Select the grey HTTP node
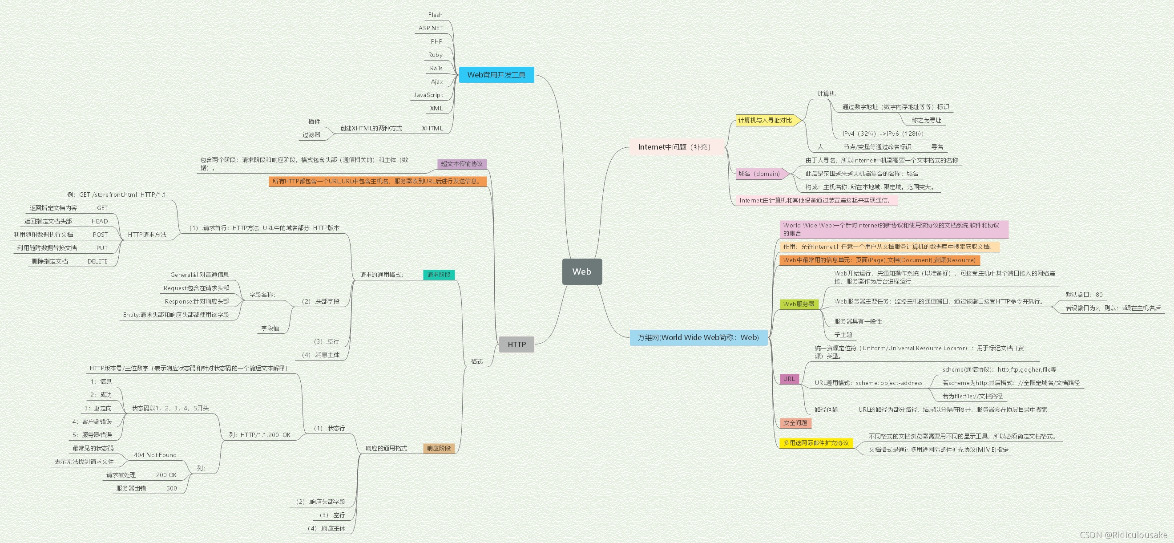516,344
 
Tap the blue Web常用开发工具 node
496,75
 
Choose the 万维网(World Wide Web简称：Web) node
698,337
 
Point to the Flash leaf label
435,15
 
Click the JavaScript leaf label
428,95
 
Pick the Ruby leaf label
435,55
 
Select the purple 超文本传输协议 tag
462,164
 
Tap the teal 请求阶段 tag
439,275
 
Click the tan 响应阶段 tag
439,448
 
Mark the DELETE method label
97,261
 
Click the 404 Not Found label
155,455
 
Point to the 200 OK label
166,475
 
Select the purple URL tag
789,379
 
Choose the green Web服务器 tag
799,304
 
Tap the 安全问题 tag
795,423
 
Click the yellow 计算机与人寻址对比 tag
765,120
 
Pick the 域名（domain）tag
759,174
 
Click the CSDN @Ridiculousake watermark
1123,535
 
